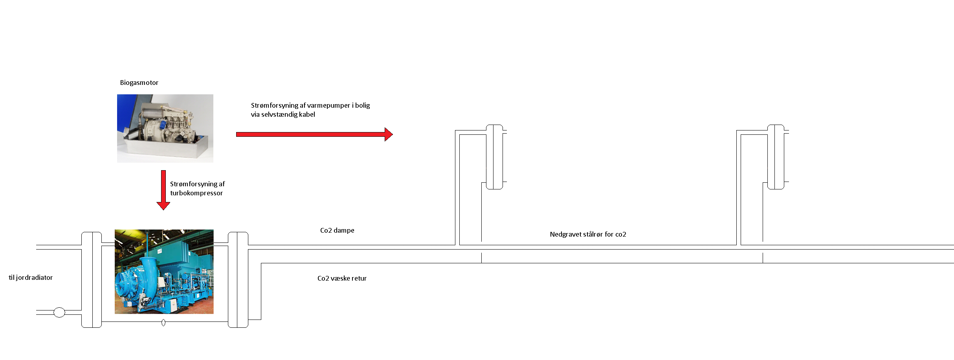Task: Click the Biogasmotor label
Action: pyautogui.click(x=139, y=83)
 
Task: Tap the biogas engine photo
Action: pyautogui.click(x=165, y=129)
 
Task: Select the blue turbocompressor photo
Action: pyautogui.click(x=164, y=272)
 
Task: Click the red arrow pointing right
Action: pyautogui.click(x=314, y=134)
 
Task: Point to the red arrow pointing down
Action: pyautogui.click(x=163, y=190)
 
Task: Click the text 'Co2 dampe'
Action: pyautogui.click(x=337, y=230)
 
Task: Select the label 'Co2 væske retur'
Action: pyautogui.click(x=342, y=278)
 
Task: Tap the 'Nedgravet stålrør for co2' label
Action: pyautogui.click(x=588, y=234)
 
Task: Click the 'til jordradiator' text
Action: pyautogui.click(x=31, y=277)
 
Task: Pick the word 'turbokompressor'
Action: pyautogui.click(x=196, y=193)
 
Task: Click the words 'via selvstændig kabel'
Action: pyautogui.click(x=283, y=114)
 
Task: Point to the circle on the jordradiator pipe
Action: pyautogui.click(x=59, y=312)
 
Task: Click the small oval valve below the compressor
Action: pyautogui.click(x=163, y=323)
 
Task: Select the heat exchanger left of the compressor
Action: pyautogui.click(x=92, y=280)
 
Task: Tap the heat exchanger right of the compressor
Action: pyautogui.click(x=238, y=280)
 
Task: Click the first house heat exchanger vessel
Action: pyautogui.click(x=495, y=157)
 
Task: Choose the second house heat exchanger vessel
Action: pyautogui.click(x=776, y=157)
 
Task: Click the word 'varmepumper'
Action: pyautogui.click(x=328, y=106)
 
